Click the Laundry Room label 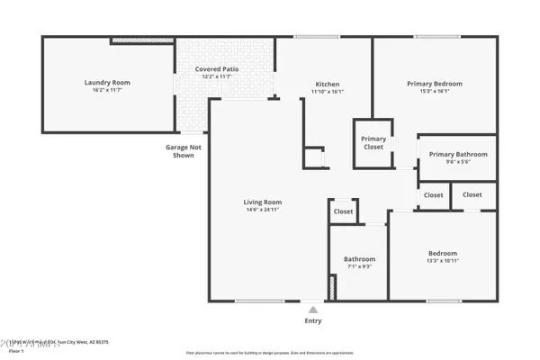108,83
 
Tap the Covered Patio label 217,69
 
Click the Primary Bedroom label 434,83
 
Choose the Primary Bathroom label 458,154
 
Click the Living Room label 263,202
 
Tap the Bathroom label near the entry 359,259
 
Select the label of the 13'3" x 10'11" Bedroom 442,253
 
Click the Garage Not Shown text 183,150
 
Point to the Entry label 312,320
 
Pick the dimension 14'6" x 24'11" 263,210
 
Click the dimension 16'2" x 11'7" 108,91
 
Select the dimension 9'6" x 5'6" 458,162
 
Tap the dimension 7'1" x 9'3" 359,267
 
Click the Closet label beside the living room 343,211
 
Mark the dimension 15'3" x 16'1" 434,91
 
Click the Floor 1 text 15,351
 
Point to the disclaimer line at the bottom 269,354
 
